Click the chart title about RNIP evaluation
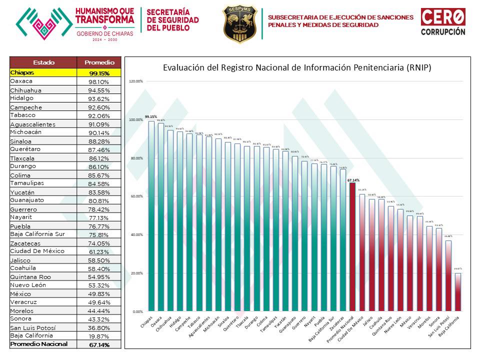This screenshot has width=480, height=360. pyautogui.click(x=297, y=67)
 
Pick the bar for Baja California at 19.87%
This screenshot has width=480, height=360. pyautogui.click(x=457, y=292)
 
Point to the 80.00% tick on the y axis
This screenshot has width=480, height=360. pyautogui.click(x=136, y=158)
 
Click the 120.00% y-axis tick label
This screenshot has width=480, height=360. pyautogui.click(x=136, y=81)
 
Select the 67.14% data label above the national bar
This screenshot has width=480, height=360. pyautogui.click(x=353, y=180)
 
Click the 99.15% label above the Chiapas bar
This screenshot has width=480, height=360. pyautogui.click(x=150, y=117)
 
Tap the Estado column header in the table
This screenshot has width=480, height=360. pyautogui.click(x=43, y=62)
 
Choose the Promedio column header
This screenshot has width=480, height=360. pyautogui.click(x=99, y=62)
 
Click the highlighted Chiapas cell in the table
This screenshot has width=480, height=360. pyautogui.click(x=43, y=72)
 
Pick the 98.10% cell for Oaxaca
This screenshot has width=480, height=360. pyautogui.click(x=99, y=81)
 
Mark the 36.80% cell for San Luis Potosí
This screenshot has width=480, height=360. pyautogui.click(x=99, y=327)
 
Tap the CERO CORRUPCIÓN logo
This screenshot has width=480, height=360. pyautogui.click(x=442, y=22)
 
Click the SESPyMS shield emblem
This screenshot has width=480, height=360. pyautogui.click(x=240, y=23)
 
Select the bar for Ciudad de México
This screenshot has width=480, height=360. pyautogui.click(x=362, y=252)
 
